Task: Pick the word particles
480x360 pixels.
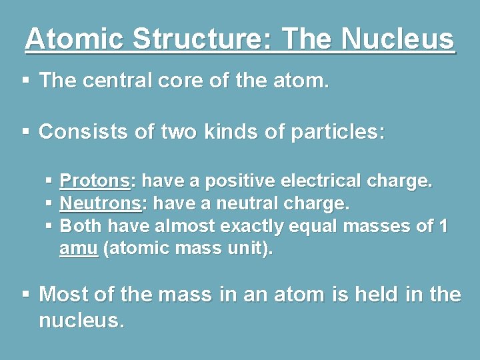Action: coord(339,131)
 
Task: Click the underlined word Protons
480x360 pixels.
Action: coord(95,181)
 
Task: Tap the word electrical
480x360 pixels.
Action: coord(321,181)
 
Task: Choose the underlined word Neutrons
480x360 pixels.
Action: coord(100,203)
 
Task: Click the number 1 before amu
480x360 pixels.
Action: coord(443,226)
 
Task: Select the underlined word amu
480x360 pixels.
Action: coord(79,249)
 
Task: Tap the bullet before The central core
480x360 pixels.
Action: coord(25,81)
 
